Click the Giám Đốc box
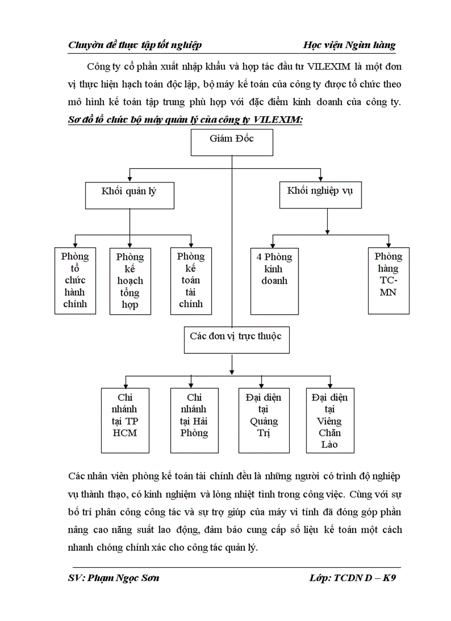pos(232,143)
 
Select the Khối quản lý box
pos(129,195)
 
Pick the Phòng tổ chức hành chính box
pos(75,280)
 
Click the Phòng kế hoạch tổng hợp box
pos(130,280)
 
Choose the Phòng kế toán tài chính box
pos(191,280)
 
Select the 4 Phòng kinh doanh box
pos(271,280)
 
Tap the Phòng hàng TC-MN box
pos(389,280)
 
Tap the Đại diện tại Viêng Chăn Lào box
pos(331,420)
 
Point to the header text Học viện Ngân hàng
pos(349,45)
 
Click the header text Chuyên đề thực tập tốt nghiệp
pos(134,45)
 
